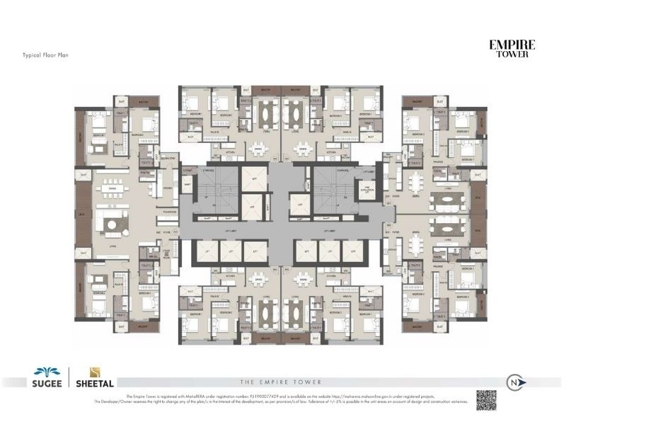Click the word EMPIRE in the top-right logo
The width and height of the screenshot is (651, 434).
[512, 45]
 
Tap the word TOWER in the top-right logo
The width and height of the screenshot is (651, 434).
[512, 55]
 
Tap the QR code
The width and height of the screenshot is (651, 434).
[485, 399]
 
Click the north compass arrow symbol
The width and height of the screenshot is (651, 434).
[514, 382]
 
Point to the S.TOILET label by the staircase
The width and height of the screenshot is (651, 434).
[188, 171]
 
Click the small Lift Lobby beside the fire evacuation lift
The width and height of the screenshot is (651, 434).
[367, 172]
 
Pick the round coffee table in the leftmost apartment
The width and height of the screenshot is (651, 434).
[113, 224]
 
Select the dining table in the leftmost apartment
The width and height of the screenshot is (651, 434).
[111, 190]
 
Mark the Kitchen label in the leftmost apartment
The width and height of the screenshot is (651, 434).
[168, 188]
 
